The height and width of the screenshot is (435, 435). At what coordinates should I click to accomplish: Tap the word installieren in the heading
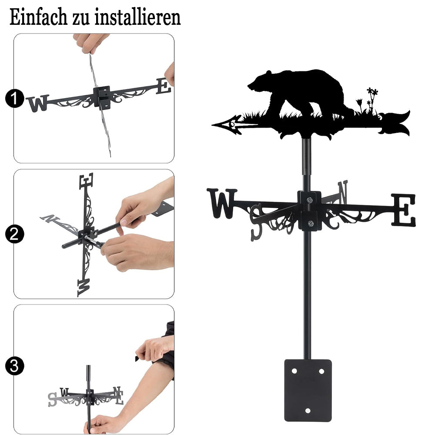[137, 17]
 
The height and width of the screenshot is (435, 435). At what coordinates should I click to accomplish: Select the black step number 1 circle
[14, 98]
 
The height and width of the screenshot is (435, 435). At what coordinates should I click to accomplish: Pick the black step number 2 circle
[14, 234]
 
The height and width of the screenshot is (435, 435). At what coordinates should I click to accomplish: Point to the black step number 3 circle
[14, 366]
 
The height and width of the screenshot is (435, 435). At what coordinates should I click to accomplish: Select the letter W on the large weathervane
[222, 203]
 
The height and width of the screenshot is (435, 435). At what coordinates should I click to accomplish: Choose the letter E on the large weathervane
[404, 210]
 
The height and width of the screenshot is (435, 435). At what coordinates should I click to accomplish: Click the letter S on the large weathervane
[257, 222]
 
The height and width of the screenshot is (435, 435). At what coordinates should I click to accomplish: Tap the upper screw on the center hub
[309, 200]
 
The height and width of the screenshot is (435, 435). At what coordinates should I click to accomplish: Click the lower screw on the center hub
[311, 223]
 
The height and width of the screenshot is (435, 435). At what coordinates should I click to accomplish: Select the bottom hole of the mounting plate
[308, 411]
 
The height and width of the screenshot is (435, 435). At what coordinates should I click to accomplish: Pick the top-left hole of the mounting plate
[294, 371]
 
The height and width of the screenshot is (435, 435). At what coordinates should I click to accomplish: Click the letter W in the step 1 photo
[38, 103]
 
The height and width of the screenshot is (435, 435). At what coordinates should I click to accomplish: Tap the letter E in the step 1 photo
[164, 86]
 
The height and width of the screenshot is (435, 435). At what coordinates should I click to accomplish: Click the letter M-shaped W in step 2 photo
[84, 288]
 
